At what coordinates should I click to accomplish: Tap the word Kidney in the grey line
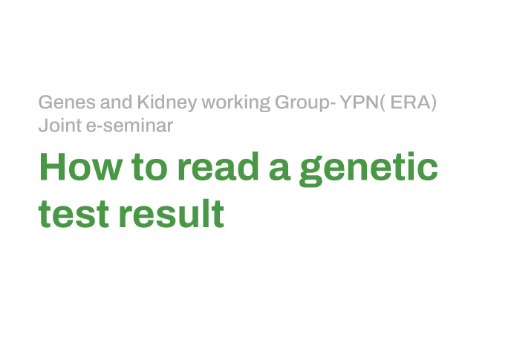pyautogui.click(x=167, y=103)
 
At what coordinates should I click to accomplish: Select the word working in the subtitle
pyautogui.click(x=235, y=103)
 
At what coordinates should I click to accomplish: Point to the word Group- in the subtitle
pyautogui.click(x=305, y=103)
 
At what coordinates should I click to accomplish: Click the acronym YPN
pyautogui.click(x=359, y=102)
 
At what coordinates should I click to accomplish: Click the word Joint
pyautogui.click(x=60, y=125)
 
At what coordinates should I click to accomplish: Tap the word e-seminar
pyautogui.click(x=129, y=125)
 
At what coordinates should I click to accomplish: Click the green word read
pyautogui.click(x=218, y=166)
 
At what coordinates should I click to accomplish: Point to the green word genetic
pyautogui.click(x=368, y=169)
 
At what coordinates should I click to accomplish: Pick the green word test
pyautogui.click(x=74, y=214)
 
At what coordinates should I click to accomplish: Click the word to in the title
pyautogui.click(x=149, y=168)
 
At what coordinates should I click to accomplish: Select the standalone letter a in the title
pyautogui.click(x=279, y=170)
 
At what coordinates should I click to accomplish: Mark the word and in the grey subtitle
pyautogui.click(x=117, y=102)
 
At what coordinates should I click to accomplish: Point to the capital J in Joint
pyautogui.click(x=44, y=125)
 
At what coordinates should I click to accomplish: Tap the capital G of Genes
pyautogui.click(x=45, y=102)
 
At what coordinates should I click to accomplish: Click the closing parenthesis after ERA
pyautogui.click(x=434, y=103)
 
